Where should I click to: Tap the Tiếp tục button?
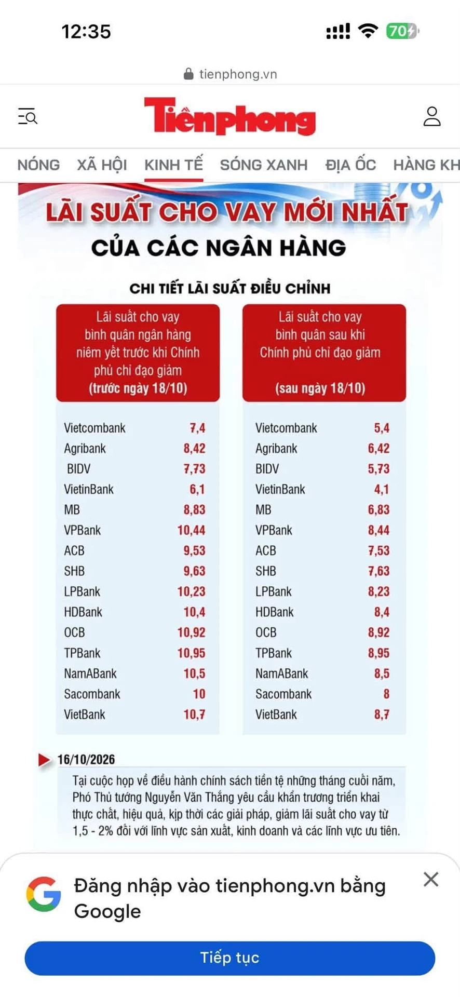point(229,958)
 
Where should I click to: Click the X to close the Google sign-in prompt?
point(431,879)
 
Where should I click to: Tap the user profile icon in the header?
point(432,117)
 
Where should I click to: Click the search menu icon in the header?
point(28,116)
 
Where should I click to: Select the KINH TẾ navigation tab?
point(173,165)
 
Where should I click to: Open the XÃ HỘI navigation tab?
point(102,165)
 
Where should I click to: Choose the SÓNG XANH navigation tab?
point(264,165)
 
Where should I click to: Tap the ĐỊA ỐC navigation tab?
point(350,165)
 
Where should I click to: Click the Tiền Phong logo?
point(230,116)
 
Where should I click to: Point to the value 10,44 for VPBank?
point(191,530)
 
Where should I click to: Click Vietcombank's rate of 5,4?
point(382,428)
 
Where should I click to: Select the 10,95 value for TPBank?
point(191,653)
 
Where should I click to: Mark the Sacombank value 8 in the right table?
point(386,694)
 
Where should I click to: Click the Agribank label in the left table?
point(85,449)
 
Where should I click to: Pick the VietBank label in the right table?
point(276,715)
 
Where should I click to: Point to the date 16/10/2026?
point(86,760)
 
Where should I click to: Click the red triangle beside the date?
point(44,760)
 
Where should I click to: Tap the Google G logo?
point(44,894)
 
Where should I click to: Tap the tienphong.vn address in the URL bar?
point(238,74)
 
